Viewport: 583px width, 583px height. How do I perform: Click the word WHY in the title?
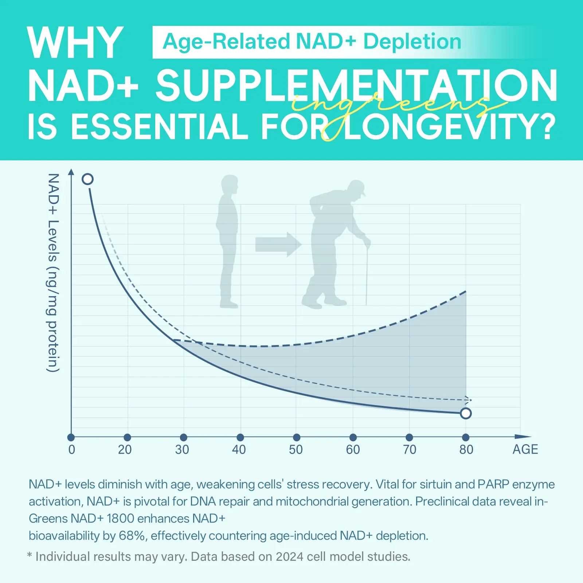75,43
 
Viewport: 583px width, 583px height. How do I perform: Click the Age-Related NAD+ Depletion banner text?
312,42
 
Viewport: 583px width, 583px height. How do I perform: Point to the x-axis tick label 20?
125,450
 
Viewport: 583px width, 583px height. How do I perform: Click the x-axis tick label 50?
296,450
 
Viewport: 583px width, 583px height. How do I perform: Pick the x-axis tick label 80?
466,450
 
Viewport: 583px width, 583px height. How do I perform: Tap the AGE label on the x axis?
525,450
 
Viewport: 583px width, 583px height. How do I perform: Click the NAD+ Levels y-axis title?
53,273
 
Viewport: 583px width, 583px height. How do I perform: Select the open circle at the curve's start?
88,179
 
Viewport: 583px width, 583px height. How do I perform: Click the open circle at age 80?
466,413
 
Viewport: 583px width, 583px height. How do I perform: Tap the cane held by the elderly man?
367,273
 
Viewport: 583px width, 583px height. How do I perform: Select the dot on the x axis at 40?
240,437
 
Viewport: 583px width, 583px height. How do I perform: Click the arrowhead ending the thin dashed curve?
469,400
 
